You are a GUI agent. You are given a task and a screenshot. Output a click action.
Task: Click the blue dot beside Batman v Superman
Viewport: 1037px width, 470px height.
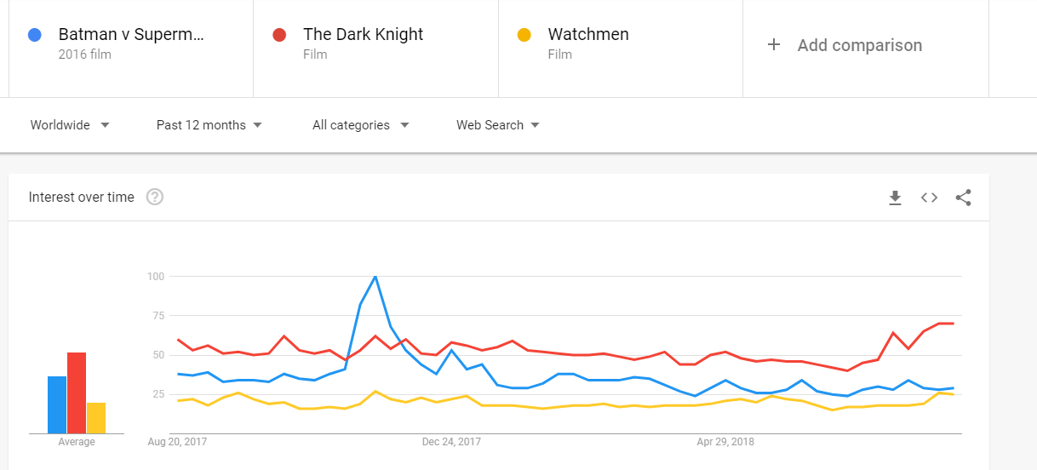(x=35, y=35)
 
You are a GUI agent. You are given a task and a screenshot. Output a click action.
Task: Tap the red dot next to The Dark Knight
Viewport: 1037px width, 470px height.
(x=279, y=35)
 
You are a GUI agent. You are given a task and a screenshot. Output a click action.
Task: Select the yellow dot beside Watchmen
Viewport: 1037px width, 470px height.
(x=524, y=35)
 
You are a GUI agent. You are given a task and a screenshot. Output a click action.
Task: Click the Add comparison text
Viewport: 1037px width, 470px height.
(x=860, y=45)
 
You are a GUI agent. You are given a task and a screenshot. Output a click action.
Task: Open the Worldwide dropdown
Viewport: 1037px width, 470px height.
(x=70, y=125)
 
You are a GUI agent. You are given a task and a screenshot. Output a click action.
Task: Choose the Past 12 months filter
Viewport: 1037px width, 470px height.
(x=209, y=125)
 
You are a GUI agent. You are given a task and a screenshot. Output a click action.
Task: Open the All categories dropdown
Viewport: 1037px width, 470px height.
(x=361, y=125)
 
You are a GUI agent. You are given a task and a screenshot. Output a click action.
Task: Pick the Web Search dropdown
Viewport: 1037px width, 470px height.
(x=498, y=125)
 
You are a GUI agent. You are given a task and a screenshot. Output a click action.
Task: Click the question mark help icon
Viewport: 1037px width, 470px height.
(x=155, y=197)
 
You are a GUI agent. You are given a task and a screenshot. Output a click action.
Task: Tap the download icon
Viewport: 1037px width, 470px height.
(x=895, y=198)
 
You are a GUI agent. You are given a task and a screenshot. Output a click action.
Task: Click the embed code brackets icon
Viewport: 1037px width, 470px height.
(x=929, y=198)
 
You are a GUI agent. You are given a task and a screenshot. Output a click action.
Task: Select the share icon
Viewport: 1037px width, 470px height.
(x=964, y=198)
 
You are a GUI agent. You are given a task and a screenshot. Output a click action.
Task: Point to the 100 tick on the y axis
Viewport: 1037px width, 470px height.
(x=156, y=277)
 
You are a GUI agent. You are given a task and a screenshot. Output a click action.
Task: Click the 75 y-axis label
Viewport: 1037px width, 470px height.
(x=158, y=316)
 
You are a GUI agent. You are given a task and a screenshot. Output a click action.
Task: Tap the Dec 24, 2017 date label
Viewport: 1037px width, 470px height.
(x=451, y=442)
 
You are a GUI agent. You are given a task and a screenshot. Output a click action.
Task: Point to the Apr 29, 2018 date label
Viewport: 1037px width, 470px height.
(x=725, y=442)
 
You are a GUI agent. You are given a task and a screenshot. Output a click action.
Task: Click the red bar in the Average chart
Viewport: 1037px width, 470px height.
(x=77, y=393)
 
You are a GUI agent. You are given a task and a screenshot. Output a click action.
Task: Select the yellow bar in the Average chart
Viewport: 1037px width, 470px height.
(x=96, y=418)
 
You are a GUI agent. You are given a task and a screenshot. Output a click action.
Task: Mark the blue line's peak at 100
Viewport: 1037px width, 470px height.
(x=375, y=277)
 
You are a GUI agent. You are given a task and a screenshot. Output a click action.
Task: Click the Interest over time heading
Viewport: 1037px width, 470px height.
(x=82, y=198)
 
